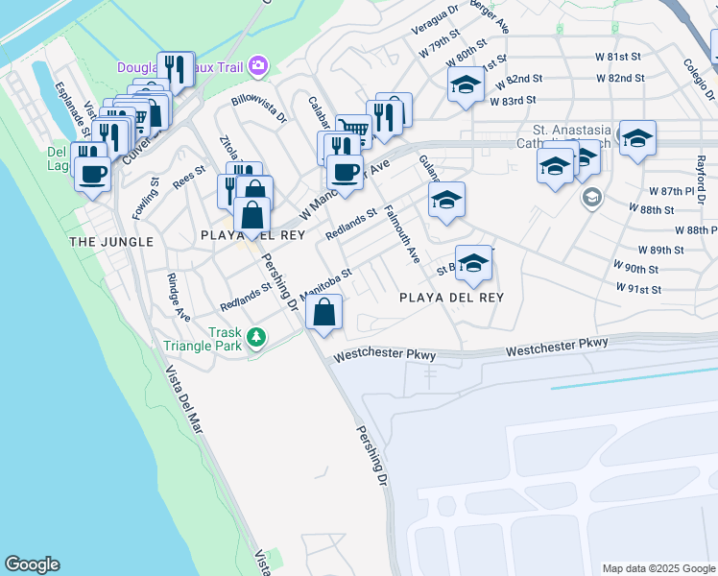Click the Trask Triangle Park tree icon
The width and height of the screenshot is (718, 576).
(255, 337)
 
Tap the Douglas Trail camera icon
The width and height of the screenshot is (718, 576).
(257, 66)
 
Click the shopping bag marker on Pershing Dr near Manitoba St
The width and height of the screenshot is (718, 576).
(324, 312)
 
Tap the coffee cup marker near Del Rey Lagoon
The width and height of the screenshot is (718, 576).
(92, 175)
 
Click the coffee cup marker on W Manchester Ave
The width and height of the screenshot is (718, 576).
(346, 173)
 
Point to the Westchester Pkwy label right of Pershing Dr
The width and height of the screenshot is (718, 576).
(384, 355)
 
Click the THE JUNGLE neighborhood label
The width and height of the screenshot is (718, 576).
(111, 242)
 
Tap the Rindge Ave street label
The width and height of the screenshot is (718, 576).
(179, 299)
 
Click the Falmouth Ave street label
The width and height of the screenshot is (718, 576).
(401, 234)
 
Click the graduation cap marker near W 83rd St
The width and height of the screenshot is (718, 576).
(467, 84)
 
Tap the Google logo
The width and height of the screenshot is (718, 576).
(33, 564)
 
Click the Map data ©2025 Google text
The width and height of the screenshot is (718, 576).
(658, 568)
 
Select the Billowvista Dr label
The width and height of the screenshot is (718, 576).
(259, 109)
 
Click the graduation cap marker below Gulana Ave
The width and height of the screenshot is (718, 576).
(446, 201)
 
